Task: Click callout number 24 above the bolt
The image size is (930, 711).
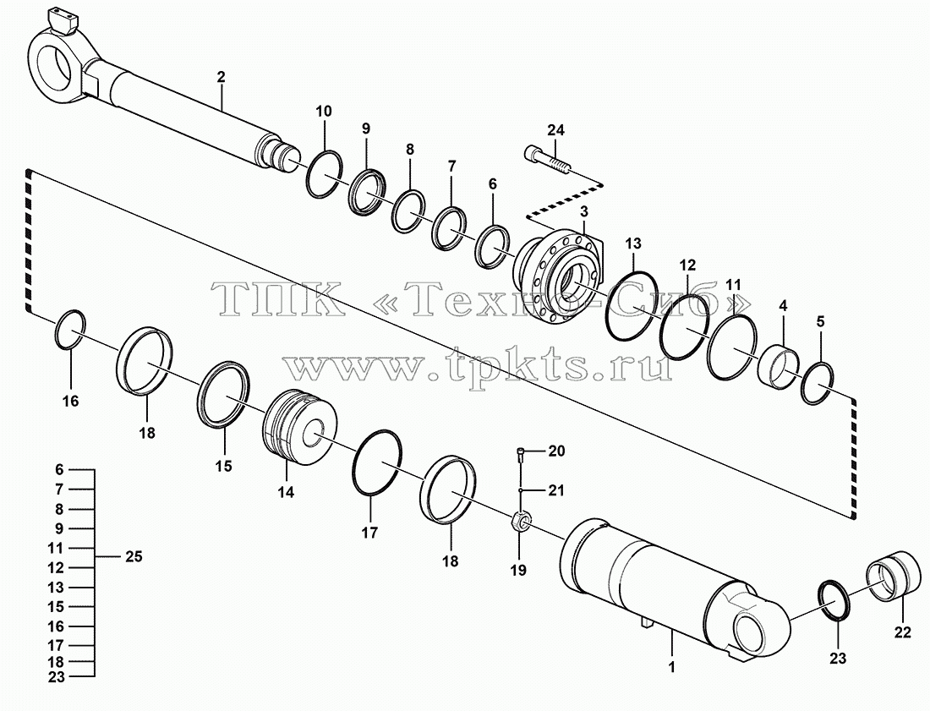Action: [555, 130]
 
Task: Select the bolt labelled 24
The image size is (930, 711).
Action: [548, 160]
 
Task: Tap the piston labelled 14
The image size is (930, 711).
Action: [299, 427]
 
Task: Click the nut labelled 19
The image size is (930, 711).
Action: [520, 522]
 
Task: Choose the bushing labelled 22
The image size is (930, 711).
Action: [894, 576]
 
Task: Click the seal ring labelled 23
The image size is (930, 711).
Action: [834, 601]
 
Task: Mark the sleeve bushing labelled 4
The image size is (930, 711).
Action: [780, 367]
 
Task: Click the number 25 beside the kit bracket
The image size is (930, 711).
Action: [134, 557]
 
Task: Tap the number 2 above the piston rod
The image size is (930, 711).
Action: [222, 76]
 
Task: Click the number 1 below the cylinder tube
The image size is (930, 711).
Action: [671, 666]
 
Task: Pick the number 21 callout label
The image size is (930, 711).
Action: [555, 490]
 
